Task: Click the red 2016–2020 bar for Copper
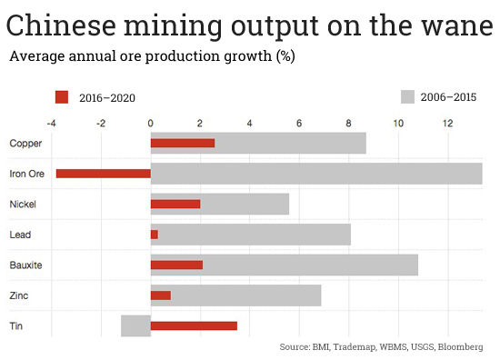[182, 143]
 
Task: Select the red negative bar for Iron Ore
[103, 174]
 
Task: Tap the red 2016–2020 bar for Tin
[194, 325]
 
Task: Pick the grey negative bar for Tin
[135, 325]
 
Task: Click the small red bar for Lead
[154, 235]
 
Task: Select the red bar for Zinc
[160, 295]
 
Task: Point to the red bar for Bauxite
[176, 265]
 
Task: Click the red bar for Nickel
[175, 204]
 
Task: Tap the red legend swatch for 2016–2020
[62, 95]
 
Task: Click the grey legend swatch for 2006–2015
[407, 95]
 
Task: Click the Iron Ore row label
[25, 174]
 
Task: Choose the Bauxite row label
[25, 265]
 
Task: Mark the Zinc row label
[19, 295]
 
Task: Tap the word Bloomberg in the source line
[460, 347]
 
